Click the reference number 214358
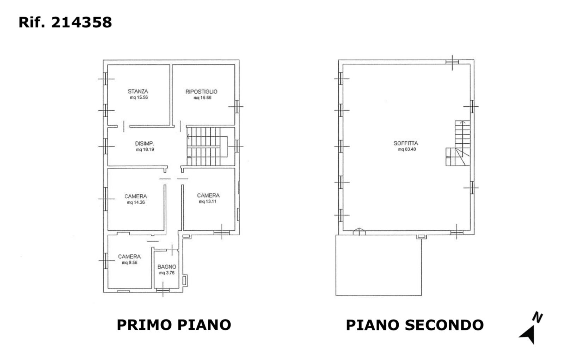(x=81, y=23)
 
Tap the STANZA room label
(x=138, y=91)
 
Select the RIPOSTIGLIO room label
(x=201, y=92)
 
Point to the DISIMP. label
(x=144, y=143)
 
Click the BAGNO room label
(x=167, y=267)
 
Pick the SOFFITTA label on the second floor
(x=406, y=143)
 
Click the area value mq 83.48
(x=407, y=149)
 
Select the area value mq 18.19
(x=145, y=149)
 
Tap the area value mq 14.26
(x=136, y=202)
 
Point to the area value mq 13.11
(x=208, y=201)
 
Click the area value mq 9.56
(x=129, y=263)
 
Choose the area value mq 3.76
(x=167, y=273)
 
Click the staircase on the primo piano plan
(x=207, y=147)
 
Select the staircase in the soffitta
(x=458, y=143)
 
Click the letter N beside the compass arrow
(x=537, y=317)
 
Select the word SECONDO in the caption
(x=445, y=325)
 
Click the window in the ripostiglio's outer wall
(x=237, y=106)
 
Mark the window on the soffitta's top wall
(x=452, y=62)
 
